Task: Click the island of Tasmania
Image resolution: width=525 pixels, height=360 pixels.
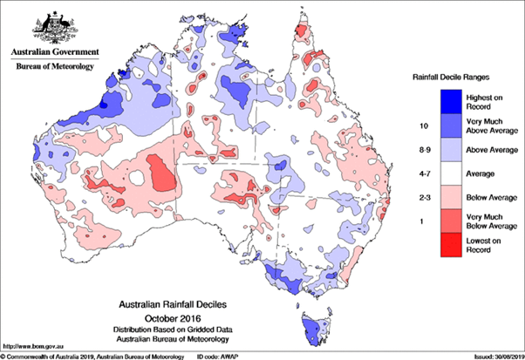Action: pos(314,329)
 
